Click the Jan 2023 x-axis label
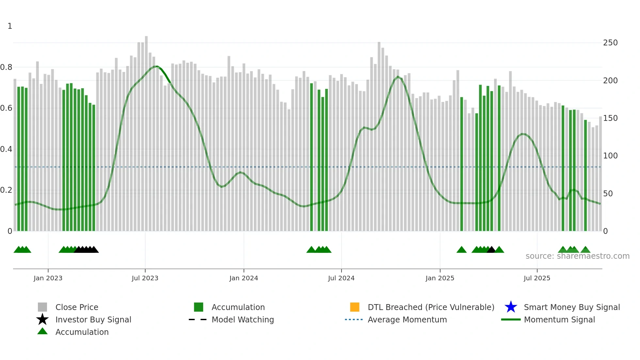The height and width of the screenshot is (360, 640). (x=48, y=278)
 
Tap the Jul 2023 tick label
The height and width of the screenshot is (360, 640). (x=145, y=278)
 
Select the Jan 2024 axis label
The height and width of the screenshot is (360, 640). (x=244, y=278)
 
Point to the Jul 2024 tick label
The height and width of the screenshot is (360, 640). (x=341, y=278)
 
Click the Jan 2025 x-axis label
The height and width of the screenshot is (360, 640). (x=440, y=278)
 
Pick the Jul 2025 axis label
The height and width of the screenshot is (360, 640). (x=537, y=278)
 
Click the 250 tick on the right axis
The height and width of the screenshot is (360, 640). (x=610, y=43)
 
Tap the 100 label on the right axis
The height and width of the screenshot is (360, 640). (x=610, y=156)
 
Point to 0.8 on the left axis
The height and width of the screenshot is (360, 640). (x=6, y=67)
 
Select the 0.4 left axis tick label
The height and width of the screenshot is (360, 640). (x=6, y=149)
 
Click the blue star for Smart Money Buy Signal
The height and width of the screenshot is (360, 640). (x=511, y=307)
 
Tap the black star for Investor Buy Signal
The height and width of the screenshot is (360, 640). (x=42, y=319)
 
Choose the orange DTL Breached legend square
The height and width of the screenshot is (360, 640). (x=355, y=307)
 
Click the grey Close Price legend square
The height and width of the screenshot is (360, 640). (x=42, y=307)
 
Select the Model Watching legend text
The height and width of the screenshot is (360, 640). (x=243, y=320)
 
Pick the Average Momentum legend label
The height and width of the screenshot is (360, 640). (x=407, y=320)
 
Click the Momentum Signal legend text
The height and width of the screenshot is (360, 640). (x=559, y=320)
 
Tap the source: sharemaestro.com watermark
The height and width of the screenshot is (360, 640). (x=577, y=256)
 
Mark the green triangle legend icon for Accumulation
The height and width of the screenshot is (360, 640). (x=42, y=331)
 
